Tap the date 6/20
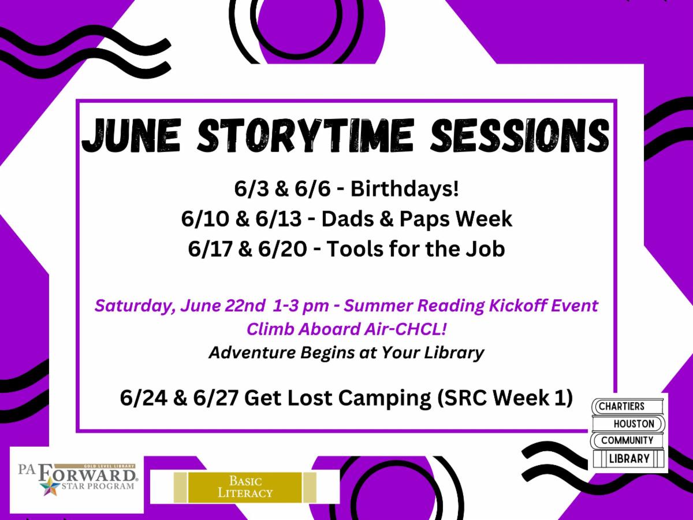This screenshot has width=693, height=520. coord(280,249)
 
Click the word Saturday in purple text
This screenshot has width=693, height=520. coord(132,305)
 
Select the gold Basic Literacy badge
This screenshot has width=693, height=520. coord(245,487)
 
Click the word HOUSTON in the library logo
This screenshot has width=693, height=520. coord(634,424)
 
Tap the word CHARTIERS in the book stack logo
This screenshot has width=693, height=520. coord(621,406)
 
